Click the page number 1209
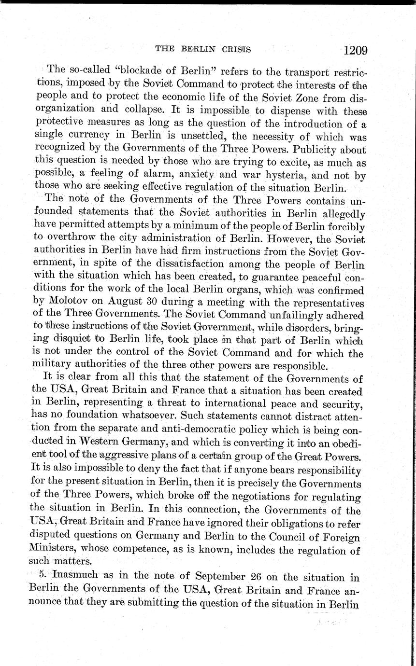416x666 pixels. pyautogui.click(x=356, y=50)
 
